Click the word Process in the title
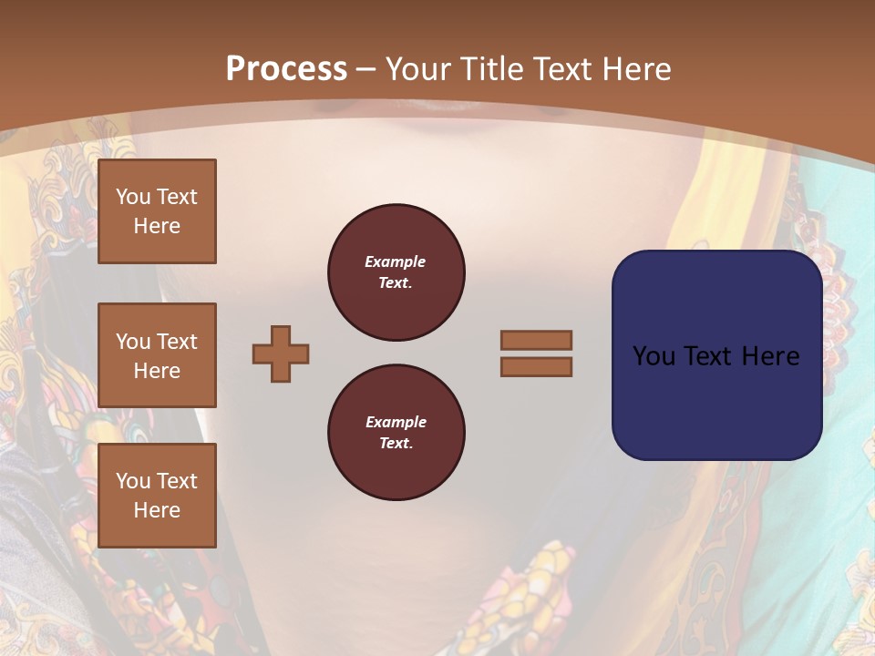click(286, 69)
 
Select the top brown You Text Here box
click(157, 211)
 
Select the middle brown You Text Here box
click(157, 355)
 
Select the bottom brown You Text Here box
click(157, 496)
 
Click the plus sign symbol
click(281, 354)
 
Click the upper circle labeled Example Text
click(396, 272)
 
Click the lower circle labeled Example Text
click(396, 433)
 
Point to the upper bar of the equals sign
click(537, 340)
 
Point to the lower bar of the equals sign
click(537, 366)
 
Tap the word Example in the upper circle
click(395, 261)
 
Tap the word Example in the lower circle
click(395, 422)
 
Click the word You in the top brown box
click(132, 197)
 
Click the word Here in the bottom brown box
click(157, 510)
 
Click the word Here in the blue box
click(770, 356)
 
